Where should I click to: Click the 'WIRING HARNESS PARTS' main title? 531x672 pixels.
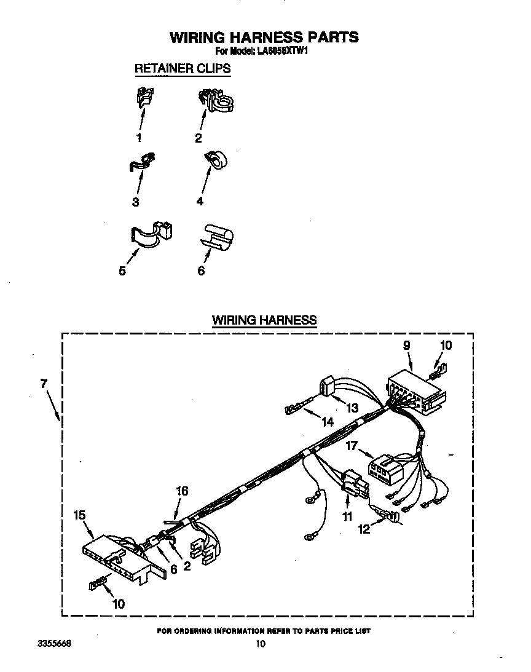tap(264, 37)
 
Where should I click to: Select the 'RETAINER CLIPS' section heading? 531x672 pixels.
tap(183, 68)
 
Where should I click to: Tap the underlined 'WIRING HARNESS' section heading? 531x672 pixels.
tap(264, 320)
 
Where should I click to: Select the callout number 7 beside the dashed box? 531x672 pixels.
tap(43, 383)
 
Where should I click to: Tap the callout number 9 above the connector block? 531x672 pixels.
tap(407, 346)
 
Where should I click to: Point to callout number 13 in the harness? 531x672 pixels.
tap(352, 407)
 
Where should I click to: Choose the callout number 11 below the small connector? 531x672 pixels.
tap(347, 516)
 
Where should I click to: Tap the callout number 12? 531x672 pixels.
tap(364, 529)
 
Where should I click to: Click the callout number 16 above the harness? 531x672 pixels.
tap(182, 491)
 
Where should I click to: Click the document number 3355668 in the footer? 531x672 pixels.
tap(54, 644)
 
